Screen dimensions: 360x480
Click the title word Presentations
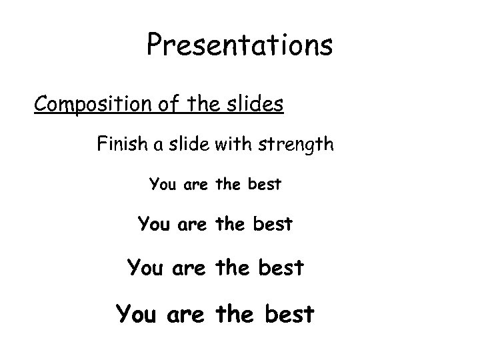239,45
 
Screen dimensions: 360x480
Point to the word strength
297,144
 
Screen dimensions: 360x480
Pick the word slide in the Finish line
189,144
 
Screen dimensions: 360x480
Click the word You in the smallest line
163,183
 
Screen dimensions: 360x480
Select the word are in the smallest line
193,184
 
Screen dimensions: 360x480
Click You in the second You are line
153,225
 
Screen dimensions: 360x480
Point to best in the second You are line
272,225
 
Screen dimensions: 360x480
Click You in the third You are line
143,268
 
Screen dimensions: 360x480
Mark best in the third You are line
280,268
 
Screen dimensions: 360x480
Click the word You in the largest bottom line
135,313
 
